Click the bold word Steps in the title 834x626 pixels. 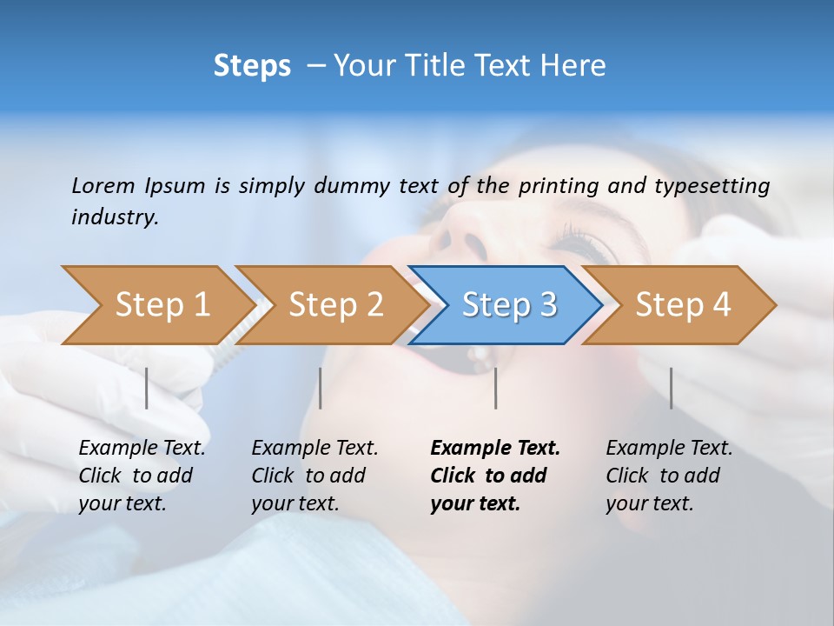(x=252, y=66)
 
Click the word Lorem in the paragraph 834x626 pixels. (x=103, y=185)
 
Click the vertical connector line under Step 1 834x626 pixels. (x=147, y=388)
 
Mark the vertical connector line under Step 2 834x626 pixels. (x=321, y=388)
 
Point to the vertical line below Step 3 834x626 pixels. (x=495, y=388)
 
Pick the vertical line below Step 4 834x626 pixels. (x=671, y=388)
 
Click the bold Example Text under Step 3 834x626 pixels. (x=495, y=449)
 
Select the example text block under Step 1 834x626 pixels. (x=142, y=476)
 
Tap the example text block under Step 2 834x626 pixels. (x=314, y=476)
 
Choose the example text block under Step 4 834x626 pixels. (x=669, y=476)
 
